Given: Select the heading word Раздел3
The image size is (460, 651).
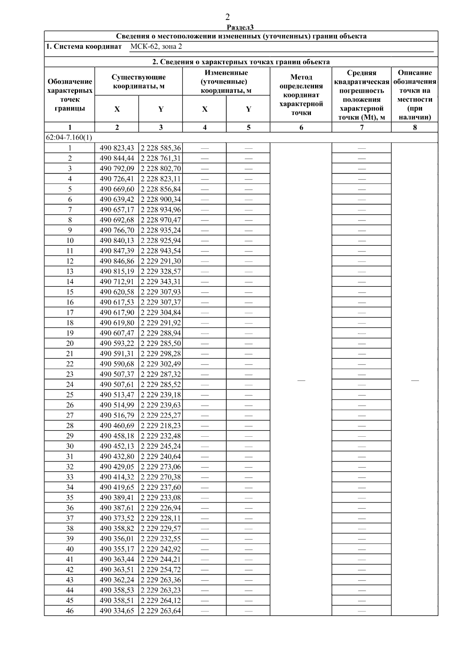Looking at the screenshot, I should point(240,27).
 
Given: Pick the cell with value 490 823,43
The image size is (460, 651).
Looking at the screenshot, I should point(117,148).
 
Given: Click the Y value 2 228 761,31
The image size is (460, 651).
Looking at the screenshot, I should point(161,158).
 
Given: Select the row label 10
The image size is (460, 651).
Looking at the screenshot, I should point(70,240).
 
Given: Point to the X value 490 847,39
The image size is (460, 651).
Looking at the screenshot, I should point(117,251).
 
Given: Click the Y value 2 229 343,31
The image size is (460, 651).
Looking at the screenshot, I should point(161,282).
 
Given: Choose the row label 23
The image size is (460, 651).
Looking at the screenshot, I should point(70,374).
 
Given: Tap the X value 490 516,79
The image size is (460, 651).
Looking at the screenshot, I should point(117,415).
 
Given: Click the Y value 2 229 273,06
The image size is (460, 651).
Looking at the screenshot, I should point(161,467).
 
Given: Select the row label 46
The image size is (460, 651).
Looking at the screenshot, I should point(70,611).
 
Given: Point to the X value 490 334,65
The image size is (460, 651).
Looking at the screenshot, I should point(117,611).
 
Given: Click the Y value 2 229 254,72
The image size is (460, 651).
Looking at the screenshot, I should point(161,570).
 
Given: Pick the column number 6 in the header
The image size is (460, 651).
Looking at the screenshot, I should point(301,127).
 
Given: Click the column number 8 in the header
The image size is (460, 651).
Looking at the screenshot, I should point(414,127).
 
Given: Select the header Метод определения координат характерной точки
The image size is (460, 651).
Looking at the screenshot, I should point(301,95).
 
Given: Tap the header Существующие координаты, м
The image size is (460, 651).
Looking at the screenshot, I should point(138,82).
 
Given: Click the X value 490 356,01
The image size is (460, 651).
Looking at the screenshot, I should point(117,539).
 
